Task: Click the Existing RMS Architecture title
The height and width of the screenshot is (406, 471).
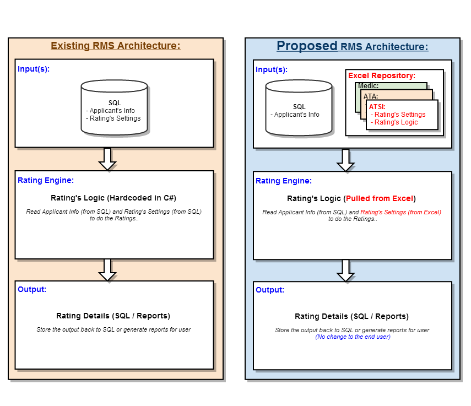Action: pos(116,46)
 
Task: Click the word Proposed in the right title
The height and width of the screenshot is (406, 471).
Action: pos(307,46)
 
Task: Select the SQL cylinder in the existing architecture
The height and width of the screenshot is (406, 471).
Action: pos(114,107)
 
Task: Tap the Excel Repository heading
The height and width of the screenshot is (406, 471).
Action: pos(382,75)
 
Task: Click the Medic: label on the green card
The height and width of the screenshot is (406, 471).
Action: pos(368,86)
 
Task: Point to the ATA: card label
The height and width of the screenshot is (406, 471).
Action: pos(371,96)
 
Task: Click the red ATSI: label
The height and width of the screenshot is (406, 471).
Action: pos(377,106)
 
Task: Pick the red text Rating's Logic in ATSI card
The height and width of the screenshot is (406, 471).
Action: pos(396,122)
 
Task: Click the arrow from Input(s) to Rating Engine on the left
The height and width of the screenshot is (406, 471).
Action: pos(107,159)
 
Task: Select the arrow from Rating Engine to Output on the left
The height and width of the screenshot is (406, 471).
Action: pos(107,269)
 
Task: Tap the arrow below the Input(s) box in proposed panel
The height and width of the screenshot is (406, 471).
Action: pos(346,160)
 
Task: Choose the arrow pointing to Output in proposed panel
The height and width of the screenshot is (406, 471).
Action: pos(346,270)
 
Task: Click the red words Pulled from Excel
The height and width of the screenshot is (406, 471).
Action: pos(380,198)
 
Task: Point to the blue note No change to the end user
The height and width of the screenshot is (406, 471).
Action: pos(353,337)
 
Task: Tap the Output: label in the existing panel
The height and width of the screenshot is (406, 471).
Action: pos(32,289)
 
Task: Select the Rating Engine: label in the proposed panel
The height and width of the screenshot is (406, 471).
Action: pos(284,181)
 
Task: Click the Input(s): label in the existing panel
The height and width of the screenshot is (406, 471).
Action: pos(34,69)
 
